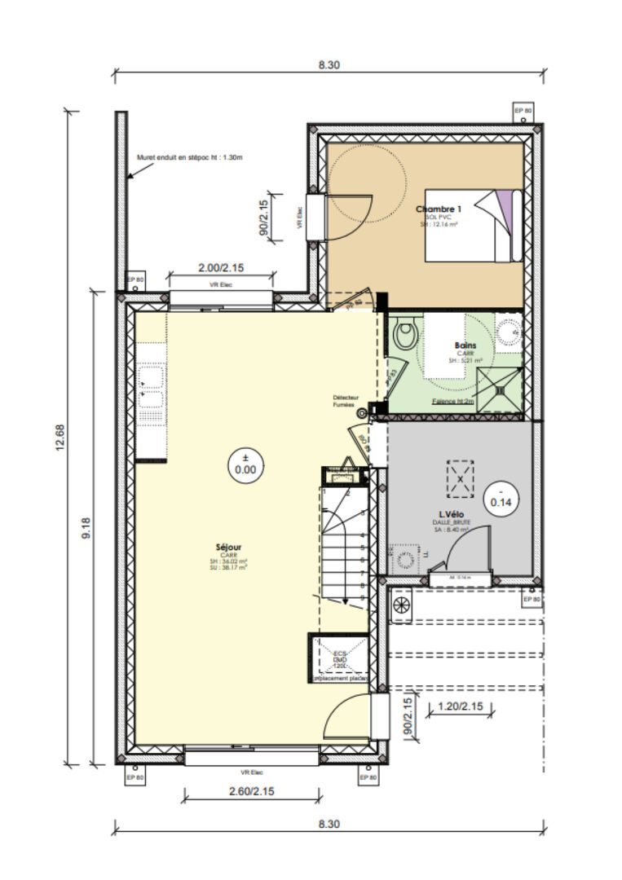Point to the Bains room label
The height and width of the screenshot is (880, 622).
pos(465,345)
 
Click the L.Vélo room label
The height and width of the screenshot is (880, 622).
pos(451,516)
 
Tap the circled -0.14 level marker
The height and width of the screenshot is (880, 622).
pos(501,497)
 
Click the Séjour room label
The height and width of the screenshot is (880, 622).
pos(229,548)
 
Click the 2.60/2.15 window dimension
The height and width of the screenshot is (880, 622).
pos(252,790)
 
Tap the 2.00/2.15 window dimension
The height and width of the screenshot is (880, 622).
pos(220,268)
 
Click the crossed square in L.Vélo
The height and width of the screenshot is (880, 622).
pos(460,479)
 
